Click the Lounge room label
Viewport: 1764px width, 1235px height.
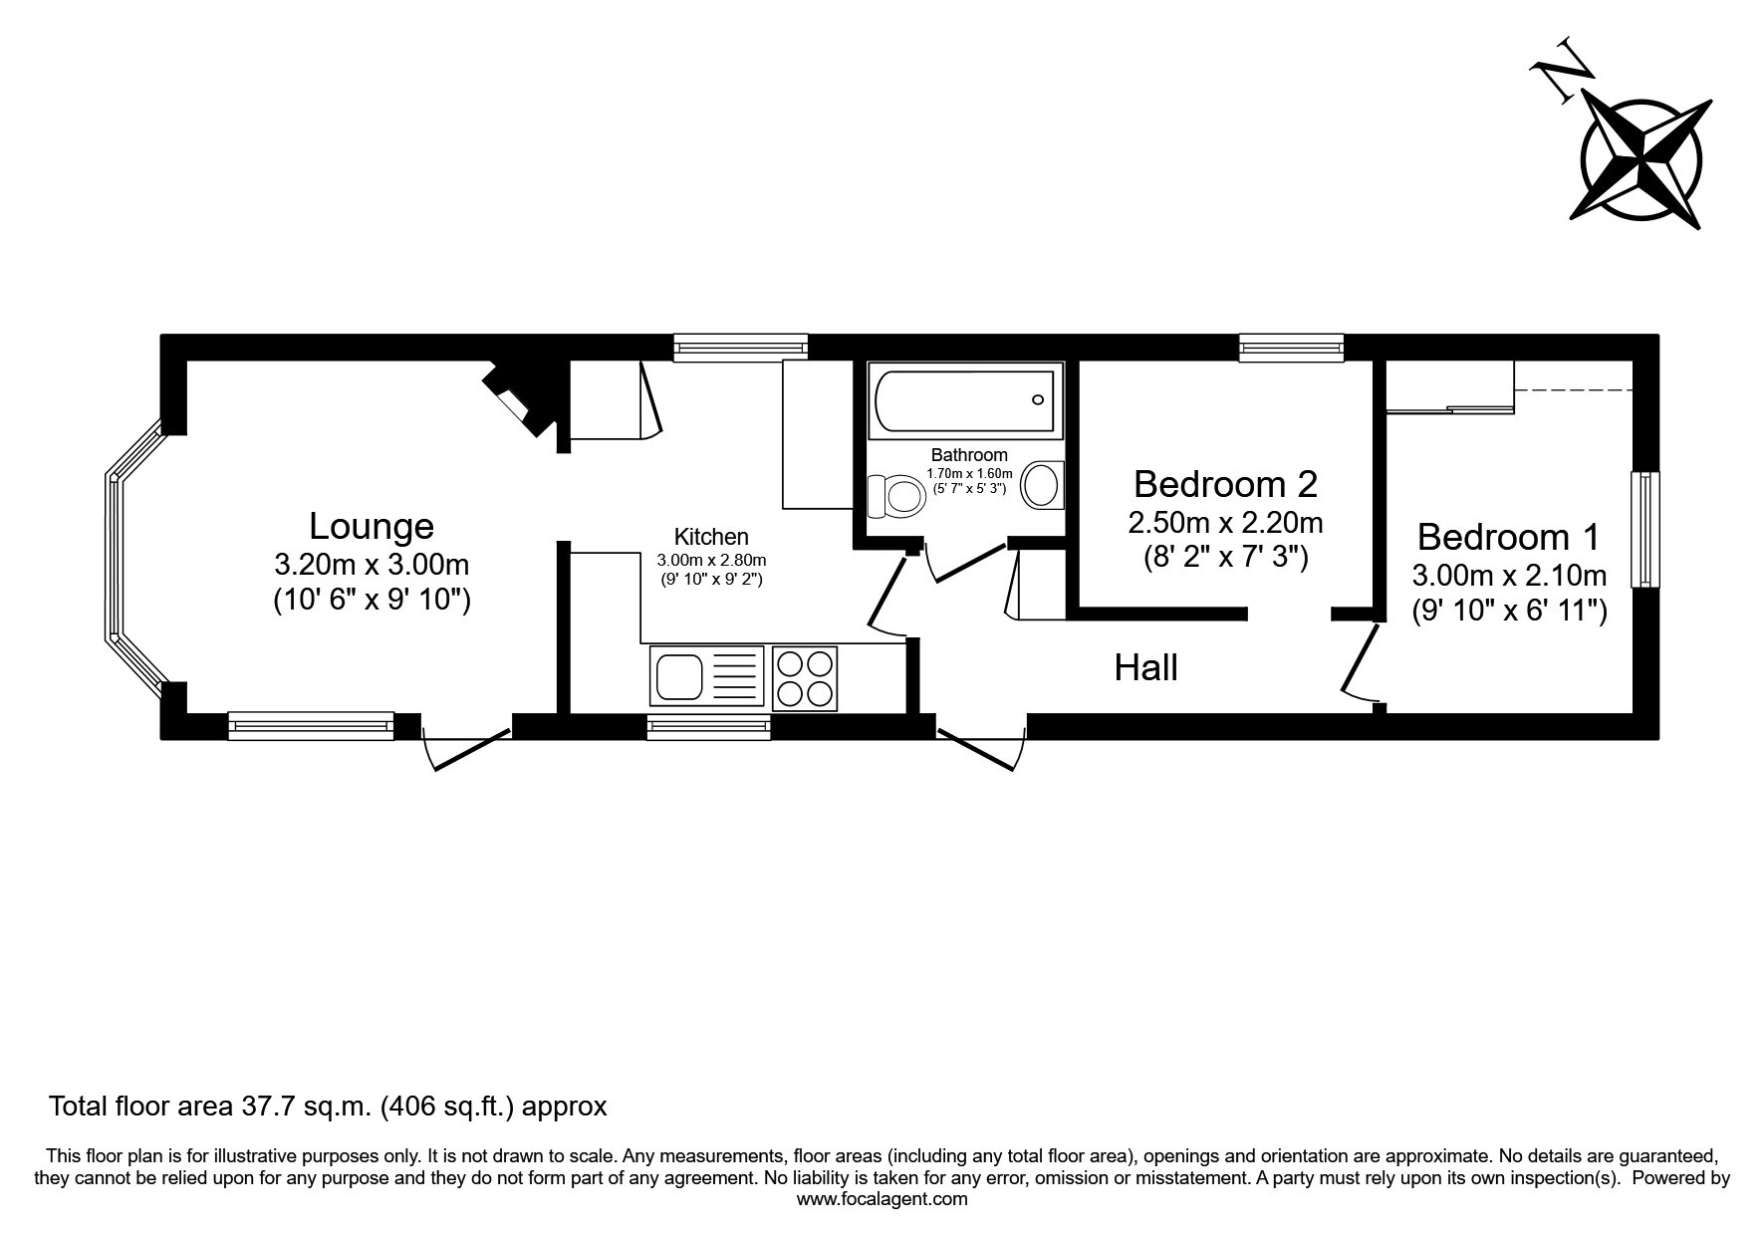point(372,525)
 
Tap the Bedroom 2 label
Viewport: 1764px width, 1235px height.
point(1225,484)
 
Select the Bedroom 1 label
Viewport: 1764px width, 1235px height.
point(1508,537)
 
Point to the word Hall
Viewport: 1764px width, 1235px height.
point(1145,667)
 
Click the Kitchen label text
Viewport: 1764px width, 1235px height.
point(711,537)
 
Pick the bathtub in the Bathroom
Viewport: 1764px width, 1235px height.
point(963,400)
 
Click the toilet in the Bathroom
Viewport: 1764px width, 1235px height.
point(895,496)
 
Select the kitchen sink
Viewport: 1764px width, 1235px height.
point(707,677)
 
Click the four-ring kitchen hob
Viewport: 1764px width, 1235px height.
point(805,677)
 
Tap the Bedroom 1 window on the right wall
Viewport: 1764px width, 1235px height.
point(1645,529)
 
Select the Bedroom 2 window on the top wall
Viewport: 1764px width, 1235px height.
point(1292,347)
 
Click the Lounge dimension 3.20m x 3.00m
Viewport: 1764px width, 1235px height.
point(372,565)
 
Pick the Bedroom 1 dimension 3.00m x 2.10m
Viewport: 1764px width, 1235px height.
point(1509,575)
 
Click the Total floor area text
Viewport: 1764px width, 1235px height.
point(328,1106)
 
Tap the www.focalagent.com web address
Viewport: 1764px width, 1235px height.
point(882,1199)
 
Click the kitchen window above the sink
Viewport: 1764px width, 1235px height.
point(708,727)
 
